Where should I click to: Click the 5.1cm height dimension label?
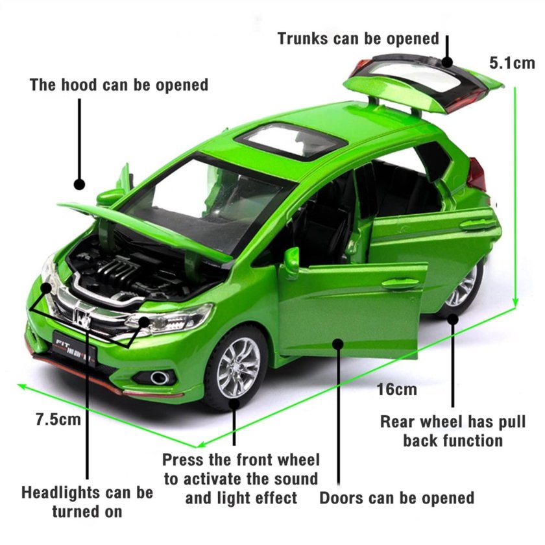click(x=512, y=63)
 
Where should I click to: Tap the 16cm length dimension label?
click(x=397, y=389)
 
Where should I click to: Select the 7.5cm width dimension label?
click(x=58, y=419)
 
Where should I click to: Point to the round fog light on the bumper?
click(x=159, y=378)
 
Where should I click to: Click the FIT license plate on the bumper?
click(x=74, y=345)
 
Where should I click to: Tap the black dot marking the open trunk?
click(x=447, y=62)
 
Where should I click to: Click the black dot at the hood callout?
click(x=80, y=184)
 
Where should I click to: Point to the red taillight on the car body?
click(x=476, y=175)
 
